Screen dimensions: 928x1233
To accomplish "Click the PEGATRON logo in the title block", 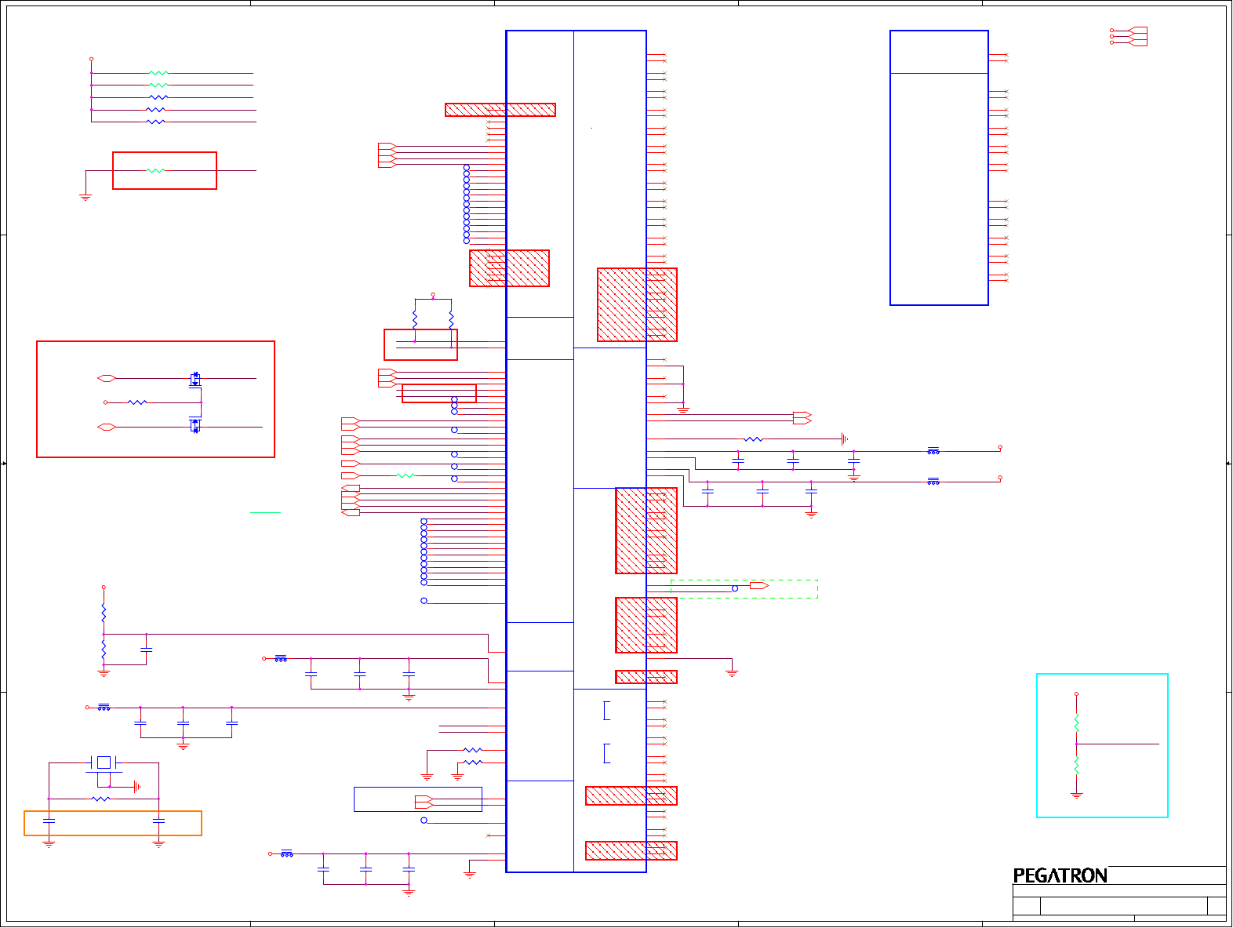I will [x=1060, y=875].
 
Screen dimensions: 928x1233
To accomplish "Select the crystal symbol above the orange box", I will [x=104, y=762].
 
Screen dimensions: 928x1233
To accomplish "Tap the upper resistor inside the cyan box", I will [x=1076, y=722].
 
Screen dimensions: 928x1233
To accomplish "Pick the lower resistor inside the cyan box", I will [x=1076, y=765].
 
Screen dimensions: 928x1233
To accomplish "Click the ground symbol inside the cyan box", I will [x=1076, y=795].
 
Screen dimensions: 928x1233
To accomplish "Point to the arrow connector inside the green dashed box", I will [x=758, y=586].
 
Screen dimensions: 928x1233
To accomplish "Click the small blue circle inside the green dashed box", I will [x=735, y=588].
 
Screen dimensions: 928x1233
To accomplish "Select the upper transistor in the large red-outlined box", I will [x=195, y=380].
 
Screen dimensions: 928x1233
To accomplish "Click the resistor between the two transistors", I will [x=137, y=402].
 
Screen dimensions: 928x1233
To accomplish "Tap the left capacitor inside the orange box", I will [x=49, y=821].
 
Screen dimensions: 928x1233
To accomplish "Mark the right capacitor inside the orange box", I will [x=158, y=821].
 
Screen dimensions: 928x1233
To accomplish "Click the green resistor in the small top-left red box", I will [x=156, y=170].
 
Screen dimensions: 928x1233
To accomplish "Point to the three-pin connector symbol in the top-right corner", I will [x=1136, y=36].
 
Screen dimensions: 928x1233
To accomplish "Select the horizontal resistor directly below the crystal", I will [x=101, y=799].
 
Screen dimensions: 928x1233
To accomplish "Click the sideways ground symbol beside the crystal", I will [x=137, y=786].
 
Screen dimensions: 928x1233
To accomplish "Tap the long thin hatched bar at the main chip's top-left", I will [x=500, y=110].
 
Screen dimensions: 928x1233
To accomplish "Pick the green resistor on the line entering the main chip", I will [x=406, y=475].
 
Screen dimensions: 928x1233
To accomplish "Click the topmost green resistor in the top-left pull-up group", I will [x=158, y=73].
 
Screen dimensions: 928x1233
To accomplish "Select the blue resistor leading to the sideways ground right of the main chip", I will [x=753, y=439].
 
